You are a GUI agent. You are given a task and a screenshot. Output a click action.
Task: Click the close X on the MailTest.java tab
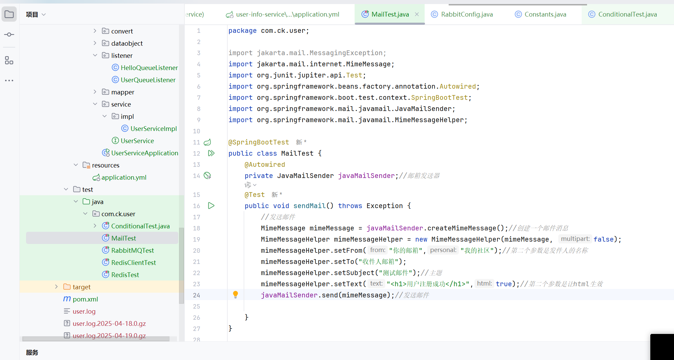(x=417, y=14)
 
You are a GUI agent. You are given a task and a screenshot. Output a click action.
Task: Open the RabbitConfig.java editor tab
(x=466, y=14)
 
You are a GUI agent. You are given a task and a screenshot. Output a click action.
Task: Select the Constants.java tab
(x=545, y=14)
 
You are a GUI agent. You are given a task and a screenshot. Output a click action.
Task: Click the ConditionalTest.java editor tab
(x=627, y=14)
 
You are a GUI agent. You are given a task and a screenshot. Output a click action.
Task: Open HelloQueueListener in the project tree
(x=149, y=68)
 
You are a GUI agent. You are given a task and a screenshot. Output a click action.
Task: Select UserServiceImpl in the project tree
(x=153, y=129)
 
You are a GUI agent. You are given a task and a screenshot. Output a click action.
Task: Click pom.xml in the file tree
(x=85, y=299)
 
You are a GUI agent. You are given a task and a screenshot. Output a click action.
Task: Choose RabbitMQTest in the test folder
(x=132, y=250)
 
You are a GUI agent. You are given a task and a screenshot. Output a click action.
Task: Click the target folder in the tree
(x=81, y=287)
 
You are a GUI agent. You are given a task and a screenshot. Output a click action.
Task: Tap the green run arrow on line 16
(x=211, y=206)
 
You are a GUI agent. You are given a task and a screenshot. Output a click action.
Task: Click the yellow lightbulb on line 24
(x=235, y=294)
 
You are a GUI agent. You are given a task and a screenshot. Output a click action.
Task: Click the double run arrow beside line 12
(x=211, y=153)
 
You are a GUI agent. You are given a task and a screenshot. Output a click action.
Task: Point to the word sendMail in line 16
(x=309, y=206)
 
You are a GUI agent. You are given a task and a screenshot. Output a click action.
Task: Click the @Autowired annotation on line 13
(x=265, y=164)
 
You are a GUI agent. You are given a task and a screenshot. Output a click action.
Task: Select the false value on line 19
(x=603, y=239)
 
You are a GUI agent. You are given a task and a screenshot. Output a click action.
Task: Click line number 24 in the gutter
(x=197, y=295)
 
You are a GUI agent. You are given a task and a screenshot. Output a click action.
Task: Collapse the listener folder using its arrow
(x=95, y=55)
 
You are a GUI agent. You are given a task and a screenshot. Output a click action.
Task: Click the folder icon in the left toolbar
(x=9, y=15)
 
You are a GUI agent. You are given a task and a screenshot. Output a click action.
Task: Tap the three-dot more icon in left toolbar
(x=9, y=81)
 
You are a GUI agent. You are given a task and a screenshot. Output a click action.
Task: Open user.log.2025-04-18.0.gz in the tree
(x=109, y=323)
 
